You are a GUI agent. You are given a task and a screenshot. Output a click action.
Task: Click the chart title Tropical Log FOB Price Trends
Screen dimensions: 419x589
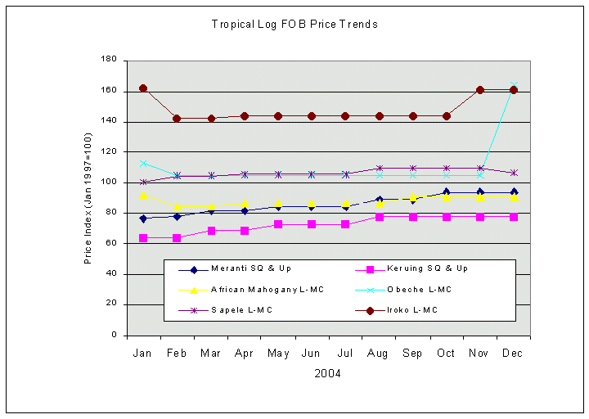(294, 25)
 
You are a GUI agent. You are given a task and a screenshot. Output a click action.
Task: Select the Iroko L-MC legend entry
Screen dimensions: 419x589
(410, 310)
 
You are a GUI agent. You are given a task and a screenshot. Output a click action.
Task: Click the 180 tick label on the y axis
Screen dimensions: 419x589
(108, 60)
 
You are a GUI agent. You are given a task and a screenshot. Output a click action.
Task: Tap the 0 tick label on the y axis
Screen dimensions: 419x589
(114, 335)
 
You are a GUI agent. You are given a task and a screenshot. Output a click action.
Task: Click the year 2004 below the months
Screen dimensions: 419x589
(327, 374)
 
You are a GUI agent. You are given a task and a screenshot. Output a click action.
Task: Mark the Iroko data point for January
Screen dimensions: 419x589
(143, 88)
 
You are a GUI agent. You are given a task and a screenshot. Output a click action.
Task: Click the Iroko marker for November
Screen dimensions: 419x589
(480, 90)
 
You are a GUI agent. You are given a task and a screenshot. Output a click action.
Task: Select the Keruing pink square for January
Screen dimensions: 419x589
(143, 238)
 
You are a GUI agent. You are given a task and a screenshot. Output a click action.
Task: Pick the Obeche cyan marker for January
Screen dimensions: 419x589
(143, 164)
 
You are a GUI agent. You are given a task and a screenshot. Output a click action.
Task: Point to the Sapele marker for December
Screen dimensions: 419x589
(514, 173)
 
